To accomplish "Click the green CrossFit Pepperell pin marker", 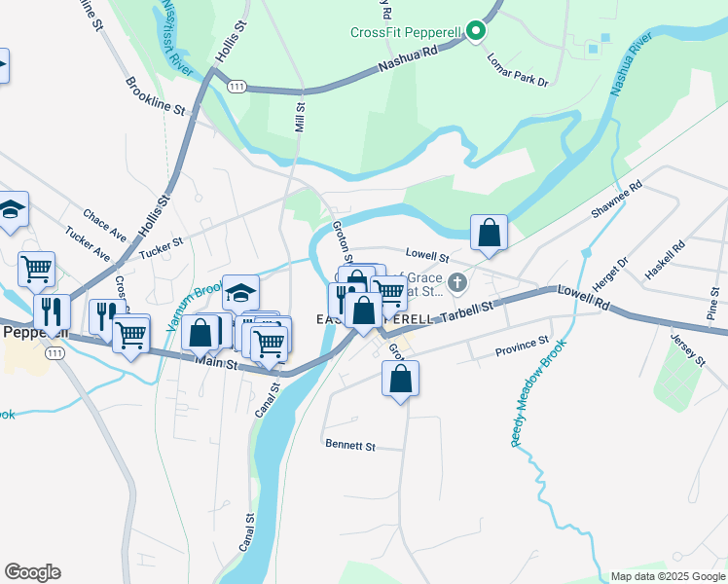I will click(x=475, y=32).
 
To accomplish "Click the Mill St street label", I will click(x=300, y=119).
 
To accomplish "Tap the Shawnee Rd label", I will click(x=617, y=200).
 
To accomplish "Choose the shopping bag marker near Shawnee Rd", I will click(x=489, y=234).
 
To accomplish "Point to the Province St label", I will click(x=522, y=347).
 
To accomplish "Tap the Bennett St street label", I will click(x=349, y=446).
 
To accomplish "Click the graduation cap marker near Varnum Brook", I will click(x=240, y=291).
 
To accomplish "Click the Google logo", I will click(x=32, y=572).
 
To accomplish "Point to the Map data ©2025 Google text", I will click(x=667, y=576).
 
